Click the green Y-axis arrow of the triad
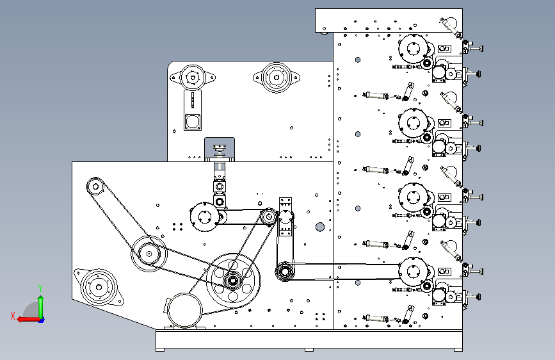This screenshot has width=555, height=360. point(41,307)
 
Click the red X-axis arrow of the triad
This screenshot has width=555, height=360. point(28,320)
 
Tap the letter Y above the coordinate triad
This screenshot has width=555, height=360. point(40,288)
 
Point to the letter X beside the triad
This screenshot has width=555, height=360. point(13,316)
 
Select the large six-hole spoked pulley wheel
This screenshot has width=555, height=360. point(233,281)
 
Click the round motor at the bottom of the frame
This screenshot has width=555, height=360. point(184,310)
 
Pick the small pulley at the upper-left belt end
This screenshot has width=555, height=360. point(95,186)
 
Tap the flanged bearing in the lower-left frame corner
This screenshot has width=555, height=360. point(99,287)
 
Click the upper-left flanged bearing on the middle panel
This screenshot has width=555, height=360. point(193,78)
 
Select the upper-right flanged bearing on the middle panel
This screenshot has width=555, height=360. point(277,78)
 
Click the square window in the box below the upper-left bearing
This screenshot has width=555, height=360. point(193,122)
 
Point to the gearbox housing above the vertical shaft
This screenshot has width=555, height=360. point(220,149)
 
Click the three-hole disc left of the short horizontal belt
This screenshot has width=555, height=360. point(204,217)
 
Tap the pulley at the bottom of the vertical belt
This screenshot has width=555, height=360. point(284,272)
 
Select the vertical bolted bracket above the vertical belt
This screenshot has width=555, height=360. point(286,217)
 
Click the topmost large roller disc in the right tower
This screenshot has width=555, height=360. point(413,49)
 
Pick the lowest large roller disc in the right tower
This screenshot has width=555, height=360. point(413,272)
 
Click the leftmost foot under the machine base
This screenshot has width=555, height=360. point(160,350)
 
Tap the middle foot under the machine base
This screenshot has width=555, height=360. point(309,350)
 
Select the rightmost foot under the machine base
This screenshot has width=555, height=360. point(458,350)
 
